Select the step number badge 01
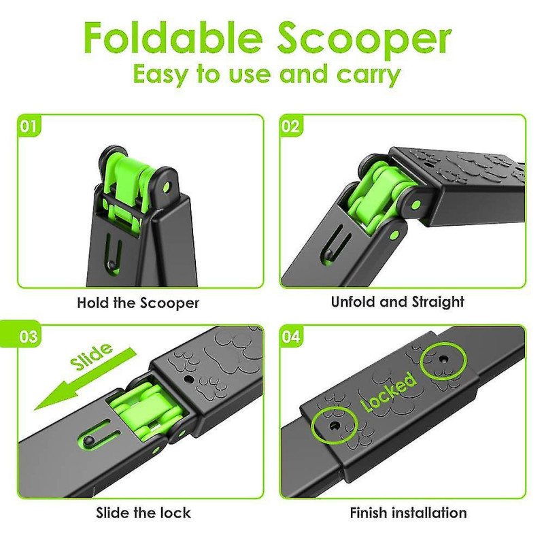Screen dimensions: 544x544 (x=29, y=126)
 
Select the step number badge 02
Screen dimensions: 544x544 (x=290, y=126)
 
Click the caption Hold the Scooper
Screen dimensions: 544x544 (x=138, y=302)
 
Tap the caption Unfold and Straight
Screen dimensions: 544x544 (x=398, y=302)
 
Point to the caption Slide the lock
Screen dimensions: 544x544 (x=143, y=512)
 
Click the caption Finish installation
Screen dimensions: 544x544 (x=408, y=512)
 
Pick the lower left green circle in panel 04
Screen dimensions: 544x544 (x=334, y=423)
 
